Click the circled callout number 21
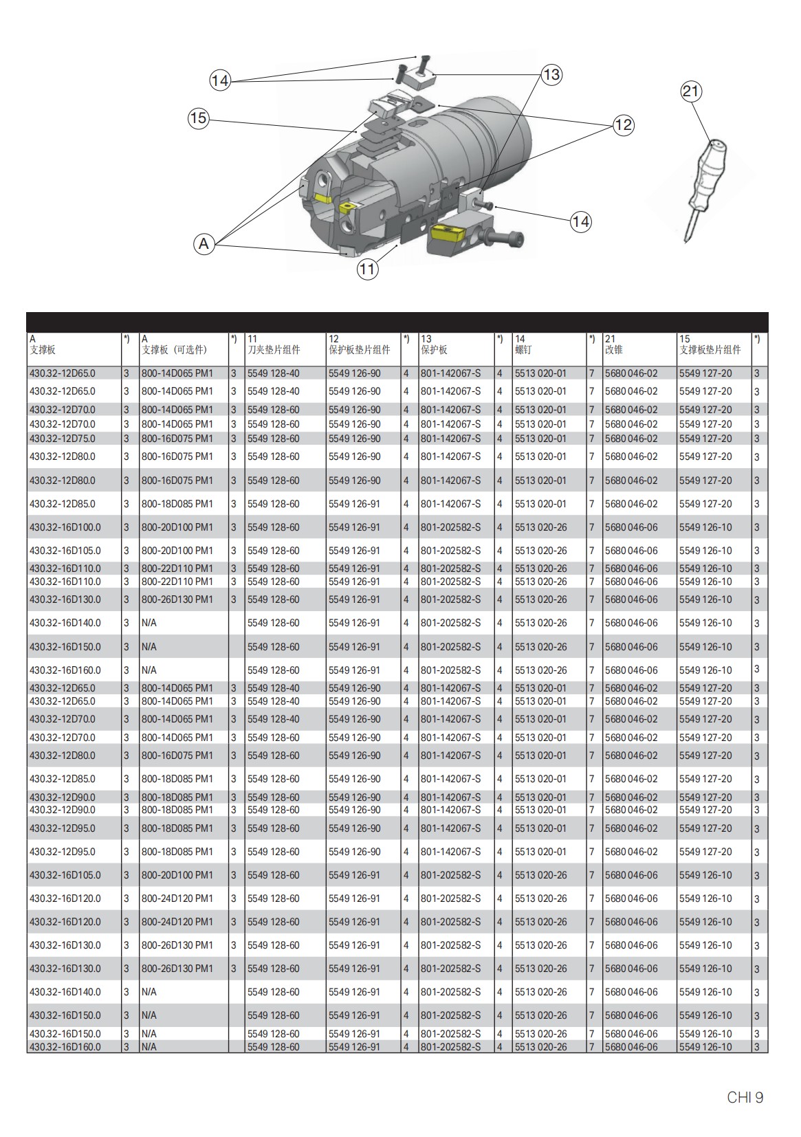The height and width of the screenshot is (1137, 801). [x=691, y=91]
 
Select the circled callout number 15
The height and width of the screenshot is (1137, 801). [x=198, y=118]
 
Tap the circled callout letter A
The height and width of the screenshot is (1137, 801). [x=204, y=243]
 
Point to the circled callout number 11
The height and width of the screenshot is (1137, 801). [x=367, y=269]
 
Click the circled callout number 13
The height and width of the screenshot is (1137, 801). [x=551, y=74]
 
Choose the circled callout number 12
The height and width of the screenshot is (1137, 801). [x=623, y=124]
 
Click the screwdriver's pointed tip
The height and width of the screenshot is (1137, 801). [x=686, y=240]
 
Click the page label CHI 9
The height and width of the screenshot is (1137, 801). [x=745, y=1098]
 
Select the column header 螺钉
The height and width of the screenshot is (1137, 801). [x=523, y=350]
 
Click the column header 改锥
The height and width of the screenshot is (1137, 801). [x=613, y=350]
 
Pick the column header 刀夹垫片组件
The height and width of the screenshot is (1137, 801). [x=274, y=350]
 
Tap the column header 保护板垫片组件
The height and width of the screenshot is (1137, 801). [x=359, y=350]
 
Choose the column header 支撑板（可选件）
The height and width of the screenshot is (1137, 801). [x=174, y=350]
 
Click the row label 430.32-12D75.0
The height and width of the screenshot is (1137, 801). [x=63, y=439]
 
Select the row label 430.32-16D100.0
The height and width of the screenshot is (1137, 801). [x=65, y=527]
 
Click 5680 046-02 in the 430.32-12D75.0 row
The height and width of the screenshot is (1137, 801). [x=630, y=439]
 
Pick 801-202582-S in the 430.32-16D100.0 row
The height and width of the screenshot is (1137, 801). [x=450, y=527]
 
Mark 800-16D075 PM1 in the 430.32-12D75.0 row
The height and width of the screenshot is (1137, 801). [x=177, y=439]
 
